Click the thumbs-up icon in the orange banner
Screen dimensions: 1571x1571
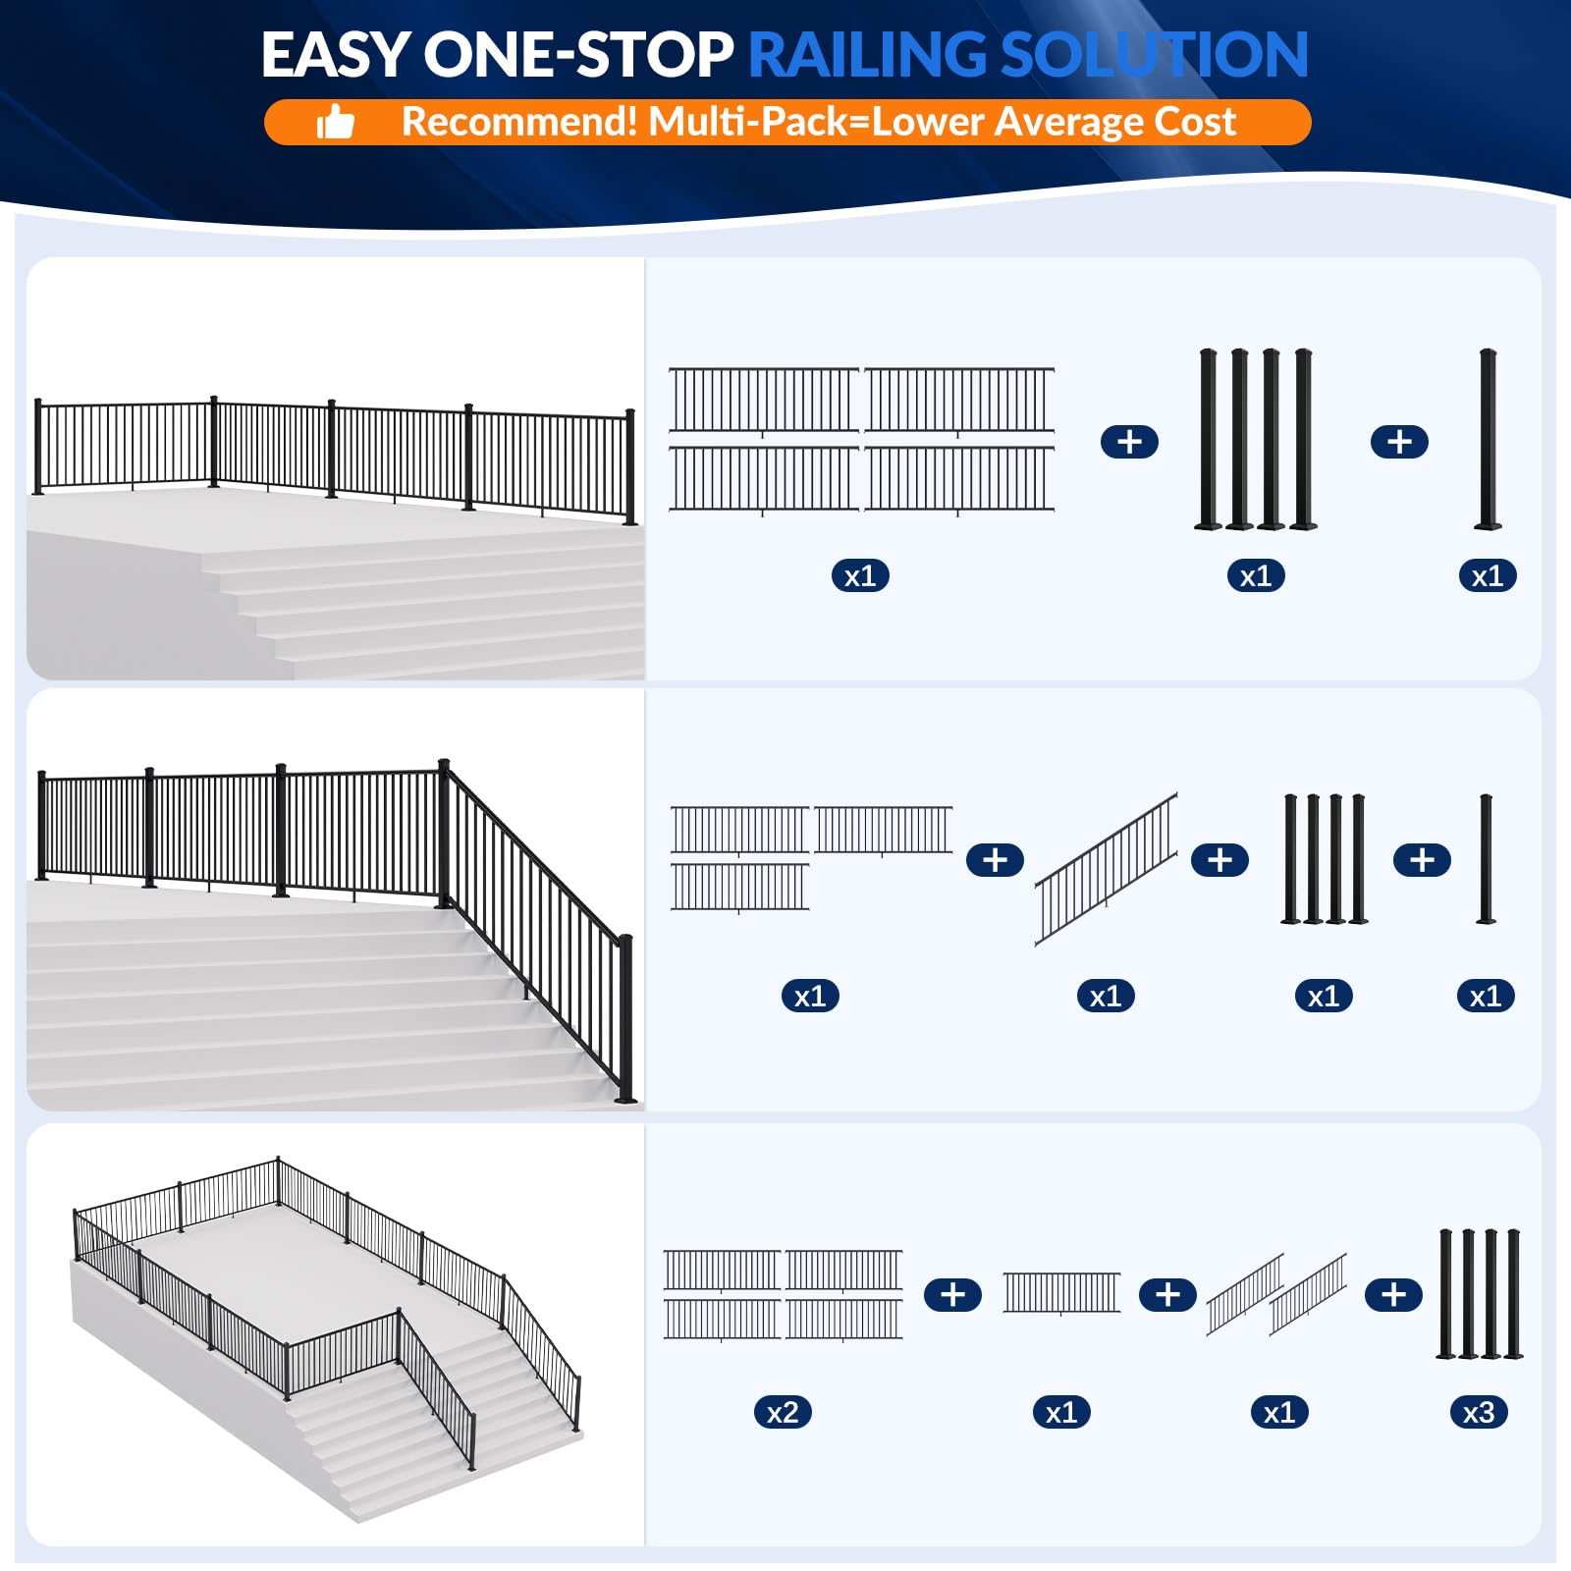tap(335, 123)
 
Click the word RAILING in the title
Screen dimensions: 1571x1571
tap(866, 55)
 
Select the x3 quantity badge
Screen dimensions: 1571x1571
tap(1478, 1413)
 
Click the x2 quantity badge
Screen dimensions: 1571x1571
tap(783, 1413)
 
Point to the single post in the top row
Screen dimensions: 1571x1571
tap(1488, 439)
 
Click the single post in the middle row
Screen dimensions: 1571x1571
tap(1486, 859)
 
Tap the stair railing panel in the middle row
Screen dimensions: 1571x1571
tap(1106, 868)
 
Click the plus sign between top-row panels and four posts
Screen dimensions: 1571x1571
tap(1129, 442)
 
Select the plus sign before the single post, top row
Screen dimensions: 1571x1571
tap(1399, 442)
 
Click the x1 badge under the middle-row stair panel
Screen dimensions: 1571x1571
tap(1106, 997)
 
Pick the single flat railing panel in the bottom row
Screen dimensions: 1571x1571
tap(1060, 1292)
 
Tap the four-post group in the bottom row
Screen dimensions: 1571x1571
tap(1479, 1294)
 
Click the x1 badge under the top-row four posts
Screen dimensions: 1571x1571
tap(1256, 576)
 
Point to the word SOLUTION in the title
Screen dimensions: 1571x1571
tap(1154, 55)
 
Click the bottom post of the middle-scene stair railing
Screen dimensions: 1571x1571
tap(625, 1021)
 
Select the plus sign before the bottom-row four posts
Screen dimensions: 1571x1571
tap(1393, 1295)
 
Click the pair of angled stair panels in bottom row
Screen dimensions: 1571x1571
tap(1276, 1294)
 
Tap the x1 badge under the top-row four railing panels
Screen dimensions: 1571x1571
tap(860, 576)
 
